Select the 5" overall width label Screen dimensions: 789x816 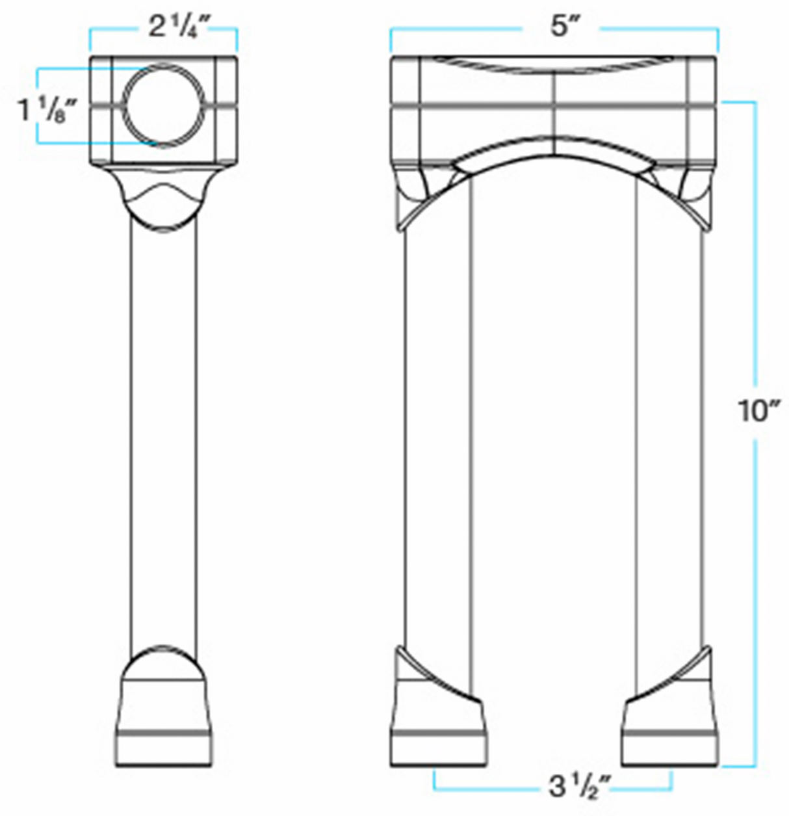[560, 28]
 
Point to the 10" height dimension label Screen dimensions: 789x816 [757, 411]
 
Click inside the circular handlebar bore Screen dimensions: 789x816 [164, 105]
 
